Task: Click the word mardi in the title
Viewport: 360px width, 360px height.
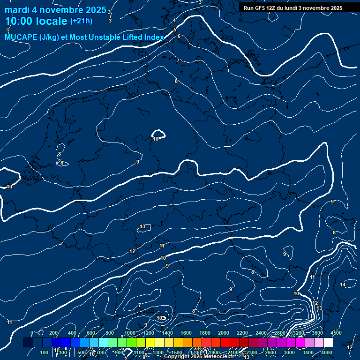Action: coord(16,10)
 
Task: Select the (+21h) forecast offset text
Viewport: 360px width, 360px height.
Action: coord(81,21)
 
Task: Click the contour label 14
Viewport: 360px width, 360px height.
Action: coord(343,285)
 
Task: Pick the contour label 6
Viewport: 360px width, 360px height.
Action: coord(179,36)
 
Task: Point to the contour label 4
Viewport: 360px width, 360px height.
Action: coord(174,20)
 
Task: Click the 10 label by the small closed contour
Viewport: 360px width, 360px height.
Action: coord(156,139)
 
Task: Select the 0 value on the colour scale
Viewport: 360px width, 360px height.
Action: coord(32,333)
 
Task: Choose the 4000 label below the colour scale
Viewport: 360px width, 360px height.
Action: coord(327,352)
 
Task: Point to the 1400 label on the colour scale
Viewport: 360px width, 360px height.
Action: coord(167,333)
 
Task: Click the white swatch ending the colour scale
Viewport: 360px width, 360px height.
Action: coord(328,343)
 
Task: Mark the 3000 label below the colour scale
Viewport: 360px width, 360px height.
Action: coord(289,352)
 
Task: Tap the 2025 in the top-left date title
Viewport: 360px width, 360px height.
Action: coord(96,10)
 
